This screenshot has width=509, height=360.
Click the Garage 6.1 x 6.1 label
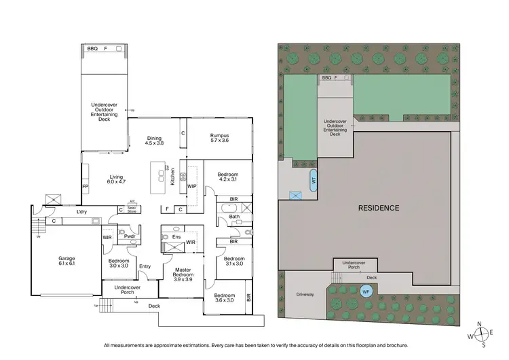click(x=67, y=261)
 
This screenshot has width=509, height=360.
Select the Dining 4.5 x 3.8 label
click(x=155, y=141)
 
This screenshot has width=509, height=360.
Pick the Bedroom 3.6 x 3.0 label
click(x=225, y=298)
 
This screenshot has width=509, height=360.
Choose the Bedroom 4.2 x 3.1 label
click(x=227, y=177)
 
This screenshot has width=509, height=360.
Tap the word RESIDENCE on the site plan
click(x=379, y=208)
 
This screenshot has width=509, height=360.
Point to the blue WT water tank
click(x=314, y=181)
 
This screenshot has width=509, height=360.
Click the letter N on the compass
click(x=480, y=324)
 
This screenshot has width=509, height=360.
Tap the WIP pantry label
click(x=191, y=185)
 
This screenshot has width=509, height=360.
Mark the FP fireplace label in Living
click(x=86, y=185)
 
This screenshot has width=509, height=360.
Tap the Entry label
click(x=145, y=266)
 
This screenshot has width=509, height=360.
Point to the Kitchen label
click(x=173, y=178)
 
